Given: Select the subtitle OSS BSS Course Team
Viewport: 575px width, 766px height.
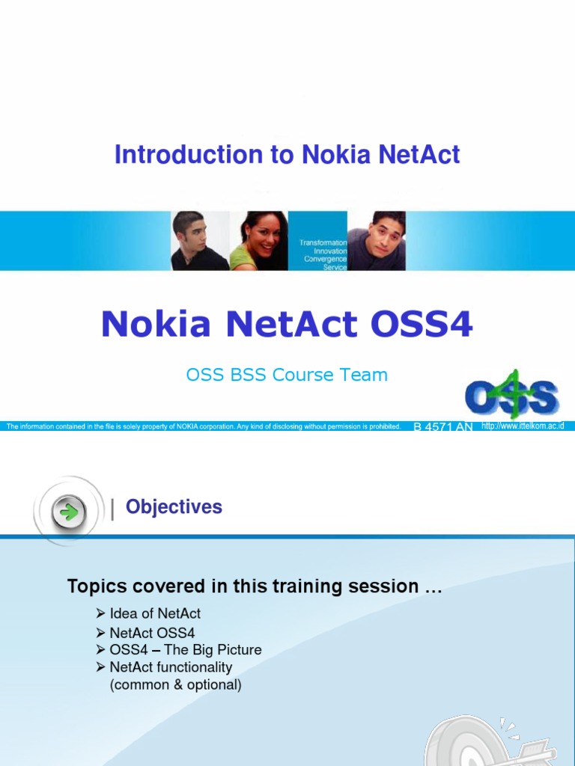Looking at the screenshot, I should coord(287,375).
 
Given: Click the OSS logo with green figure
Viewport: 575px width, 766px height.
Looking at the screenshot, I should coord(511,394).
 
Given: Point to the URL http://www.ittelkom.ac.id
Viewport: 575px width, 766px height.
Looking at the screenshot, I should coord(523,426).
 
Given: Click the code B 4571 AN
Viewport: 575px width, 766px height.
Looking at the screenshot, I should coord(443,427).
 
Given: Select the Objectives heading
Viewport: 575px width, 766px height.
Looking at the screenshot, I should coord(174,507).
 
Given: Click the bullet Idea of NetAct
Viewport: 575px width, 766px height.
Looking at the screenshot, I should coord(154,613).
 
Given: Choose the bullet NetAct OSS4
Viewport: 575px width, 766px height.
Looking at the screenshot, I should coord(152,633).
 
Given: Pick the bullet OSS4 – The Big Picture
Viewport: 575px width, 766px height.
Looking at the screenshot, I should coord(185,650).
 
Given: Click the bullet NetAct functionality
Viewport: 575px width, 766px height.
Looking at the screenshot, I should coord(171,667).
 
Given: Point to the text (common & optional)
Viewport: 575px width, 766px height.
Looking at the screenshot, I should coord(175,684).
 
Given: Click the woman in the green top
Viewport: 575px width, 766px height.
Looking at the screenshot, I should coord(259,241).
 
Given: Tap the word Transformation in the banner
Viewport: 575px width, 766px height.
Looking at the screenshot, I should coord(323,243).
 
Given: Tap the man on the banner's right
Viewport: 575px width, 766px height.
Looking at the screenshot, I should coord(379,241).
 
